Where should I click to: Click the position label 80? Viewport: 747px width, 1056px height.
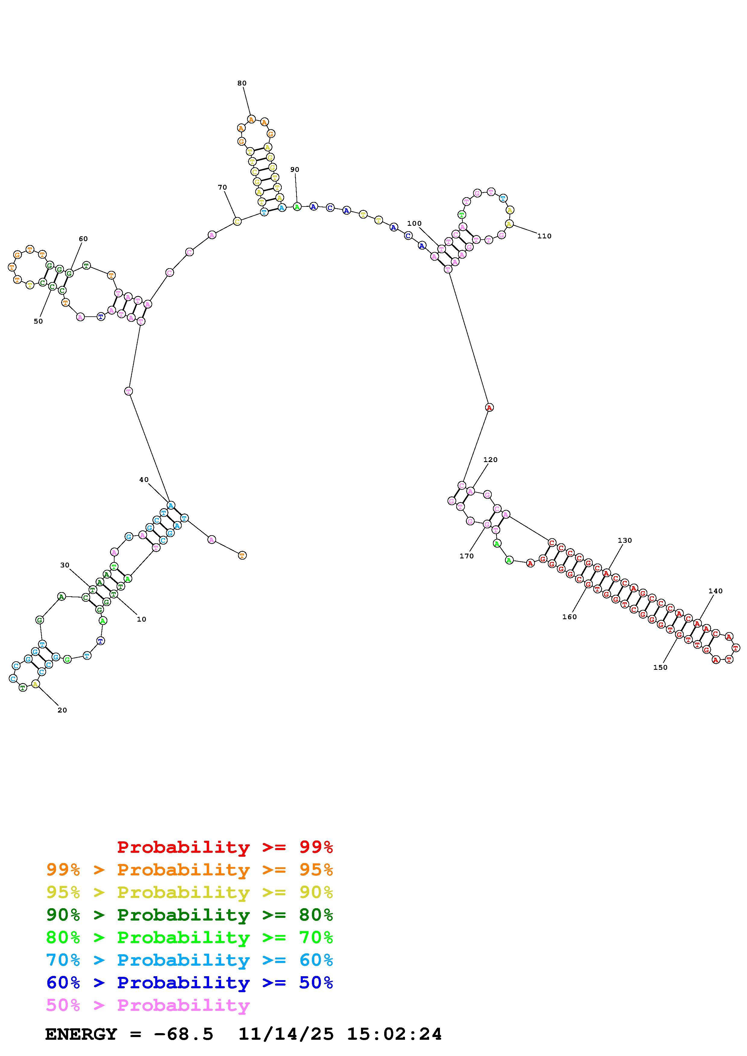(x=242, y=83)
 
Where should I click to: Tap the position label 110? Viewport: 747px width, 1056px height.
(x=544, y=236)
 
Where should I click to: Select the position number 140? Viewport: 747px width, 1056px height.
(x=716, y=591)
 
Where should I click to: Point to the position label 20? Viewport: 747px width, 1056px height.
(x=62, y=710)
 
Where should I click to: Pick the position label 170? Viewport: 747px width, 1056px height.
(x=466, y=556)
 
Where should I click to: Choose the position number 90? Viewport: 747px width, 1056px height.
(x=295, y=170)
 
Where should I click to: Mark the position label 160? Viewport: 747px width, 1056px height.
(x=569, y=617)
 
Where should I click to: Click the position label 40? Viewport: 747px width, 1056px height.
(x=144, y=480)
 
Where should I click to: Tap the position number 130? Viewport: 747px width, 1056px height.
(x=625, y=540)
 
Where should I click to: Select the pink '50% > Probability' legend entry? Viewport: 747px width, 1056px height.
(x=148, y=1005)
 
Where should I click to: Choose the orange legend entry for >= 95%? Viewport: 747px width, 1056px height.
(x=190, y=870)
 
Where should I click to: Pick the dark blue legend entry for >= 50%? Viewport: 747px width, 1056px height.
(x=190, y=983)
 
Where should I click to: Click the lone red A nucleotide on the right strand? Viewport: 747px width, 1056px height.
(x=489, y=408)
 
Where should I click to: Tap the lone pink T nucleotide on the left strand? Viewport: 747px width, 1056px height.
(x=128, y=391)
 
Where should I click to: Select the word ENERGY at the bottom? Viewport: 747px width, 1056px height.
(x=81, y=1034)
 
